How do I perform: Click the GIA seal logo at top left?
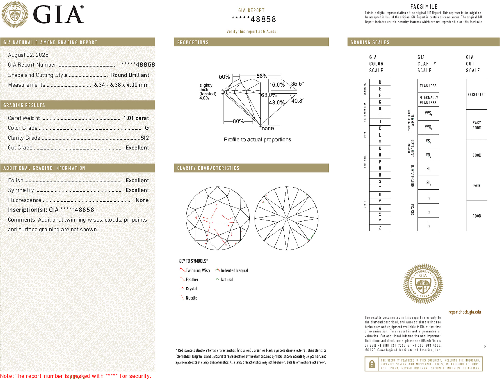pyautogui.click(x=15, y=14)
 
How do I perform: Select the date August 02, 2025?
pyautogui.click(x=28, y=55)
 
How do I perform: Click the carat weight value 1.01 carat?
pyautogui.click(x=136, y=118)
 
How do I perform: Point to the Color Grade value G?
pyautogui.click(x=147, y=128)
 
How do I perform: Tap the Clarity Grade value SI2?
pyautogui.click(x=145, y=138)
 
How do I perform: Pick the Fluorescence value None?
pyautogui.click(x=142, y=200)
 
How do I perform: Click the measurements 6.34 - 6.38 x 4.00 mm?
pyautogui.click(x=121, y=85)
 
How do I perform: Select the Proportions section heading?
pyautogui.click(x=193, y=42)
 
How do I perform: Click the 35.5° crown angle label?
pyautogui.click(x=297, y=84)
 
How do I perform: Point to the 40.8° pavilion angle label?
pyautogui.click(x=297, y=101)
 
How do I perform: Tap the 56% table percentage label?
pyautogui.click(x=262, y=76)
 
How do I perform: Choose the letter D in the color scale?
pyautogui.click(x=380, y=82)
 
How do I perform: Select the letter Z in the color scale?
pyautogui.click(x=380, y=228)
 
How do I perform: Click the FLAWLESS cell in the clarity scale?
pyautogui.click(x=428, y=86)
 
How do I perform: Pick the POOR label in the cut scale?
pyautogui.click(x=477, y=216)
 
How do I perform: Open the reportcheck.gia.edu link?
pyautogui.click(x=464, y=312)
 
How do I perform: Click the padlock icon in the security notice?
pyautogui.click(x=372, y=364)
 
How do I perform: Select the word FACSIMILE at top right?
pyautogui.click(x=424, y=6)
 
